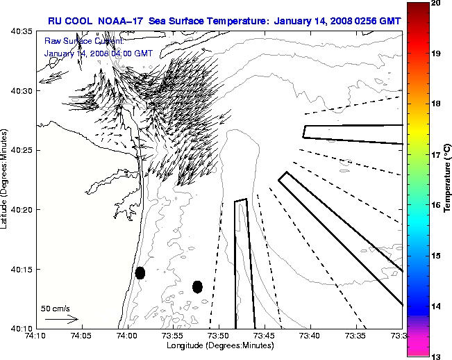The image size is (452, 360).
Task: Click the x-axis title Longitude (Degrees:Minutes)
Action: click(218, 345)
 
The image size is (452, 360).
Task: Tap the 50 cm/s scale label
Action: click(56, 308)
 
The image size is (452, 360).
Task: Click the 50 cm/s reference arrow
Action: click(61, 319)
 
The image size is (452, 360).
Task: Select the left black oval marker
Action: click(140, 272)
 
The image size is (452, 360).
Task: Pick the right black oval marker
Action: click(197, 286)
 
